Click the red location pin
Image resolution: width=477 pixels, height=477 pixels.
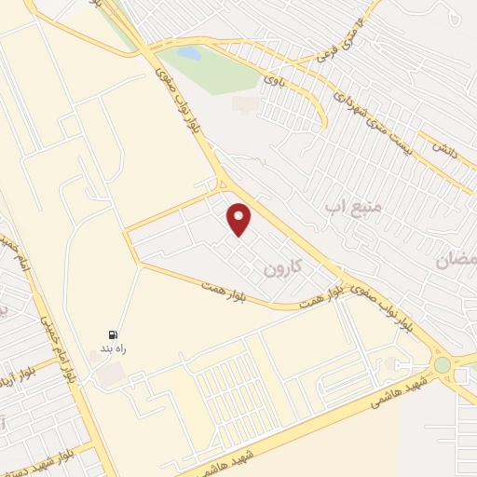coord(240,219)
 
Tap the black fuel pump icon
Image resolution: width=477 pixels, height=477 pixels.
coord(113,335)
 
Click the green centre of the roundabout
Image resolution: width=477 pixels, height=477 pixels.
coord(442,364)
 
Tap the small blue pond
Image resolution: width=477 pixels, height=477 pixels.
coord(189,54)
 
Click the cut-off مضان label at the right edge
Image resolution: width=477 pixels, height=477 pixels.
coord(456,260)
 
